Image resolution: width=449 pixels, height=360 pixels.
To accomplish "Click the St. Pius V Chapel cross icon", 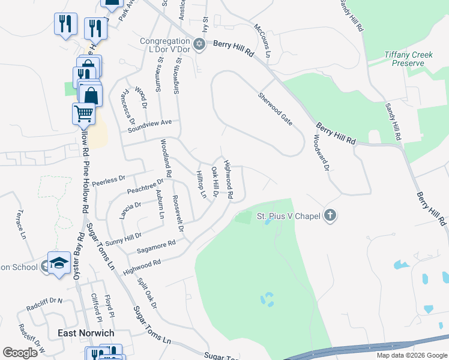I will [330, 215].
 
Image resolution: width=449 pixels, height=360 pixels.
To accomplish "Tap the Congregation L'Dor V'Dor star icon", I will [200, 44].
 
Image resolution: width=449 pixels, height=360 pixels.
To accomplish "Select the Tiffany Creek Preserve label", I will [408, 58].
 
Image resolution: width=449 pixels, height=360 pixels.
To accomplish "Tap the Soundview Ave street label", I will [149, 125].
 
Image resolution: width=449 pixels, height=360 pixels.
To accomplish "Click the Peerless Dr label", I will [109, 179].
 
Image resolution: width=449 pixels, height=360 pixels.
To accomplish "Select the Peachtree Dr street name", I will [145, 187].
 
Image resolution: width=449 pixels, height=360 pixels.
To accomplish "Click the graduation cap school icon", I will [59, 263].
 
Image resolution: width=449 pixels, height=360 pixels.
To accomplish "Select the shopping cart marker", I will [84, 112].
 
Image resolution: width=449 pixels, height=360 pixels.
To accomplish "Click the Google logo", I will [20, 353].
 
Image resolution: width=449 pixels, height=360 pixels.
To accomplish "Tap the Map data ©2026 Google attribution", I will [411, 355].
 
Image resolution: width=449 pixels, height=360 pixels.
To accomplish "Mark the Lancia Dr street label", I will [130, 208].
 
